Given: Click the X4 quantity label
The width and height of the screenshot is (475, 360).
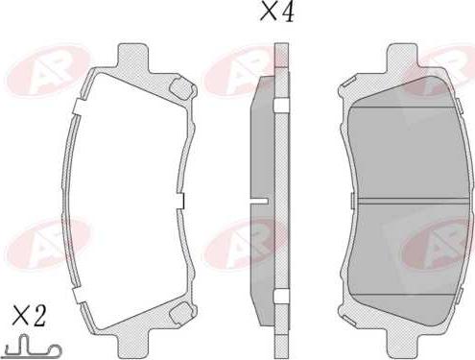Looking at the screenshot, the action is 277,12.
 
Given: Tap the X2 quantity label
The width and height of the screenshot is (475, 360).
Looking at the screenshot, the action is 29,316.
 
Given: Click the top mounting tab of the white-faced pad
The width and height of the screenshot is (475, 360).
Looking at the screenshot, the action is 132,58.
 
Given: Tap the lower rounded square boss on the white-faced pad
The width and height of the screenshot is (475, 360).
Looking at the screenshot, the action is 180,312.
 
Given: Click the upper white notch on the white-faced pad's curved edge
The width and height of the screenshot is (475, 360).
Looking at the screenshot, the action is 78,107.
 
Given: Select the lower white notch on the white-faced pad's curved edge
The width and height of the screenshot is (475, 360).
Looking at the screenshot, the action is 79,295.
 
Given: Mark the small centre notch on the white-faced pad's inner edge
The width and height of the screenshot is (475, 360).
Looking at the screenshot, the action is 180,202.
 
